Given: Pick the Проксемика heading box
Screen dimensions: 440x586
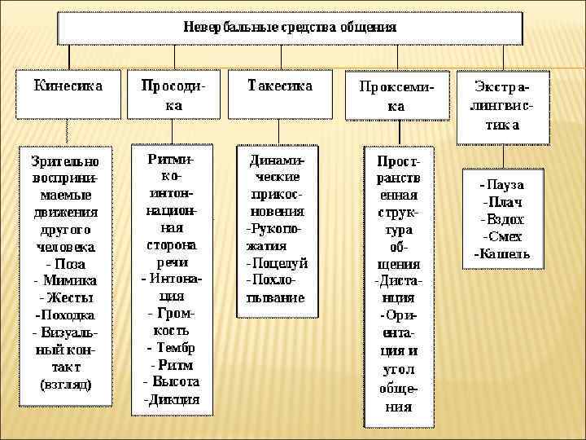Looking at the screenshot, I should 396,96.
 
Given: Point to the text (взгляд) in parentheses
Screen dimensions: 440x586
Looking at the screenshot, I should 66,383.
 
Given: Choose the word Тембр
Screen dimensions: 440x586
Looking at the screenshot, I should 174,348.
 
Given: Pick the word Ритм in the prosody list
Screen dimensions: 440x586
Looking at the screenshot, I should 176,365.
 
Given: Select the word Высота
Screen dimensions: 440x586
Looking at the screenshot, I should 174,382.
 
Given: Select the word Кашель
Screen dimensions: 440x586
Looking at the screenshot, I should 502,253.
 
